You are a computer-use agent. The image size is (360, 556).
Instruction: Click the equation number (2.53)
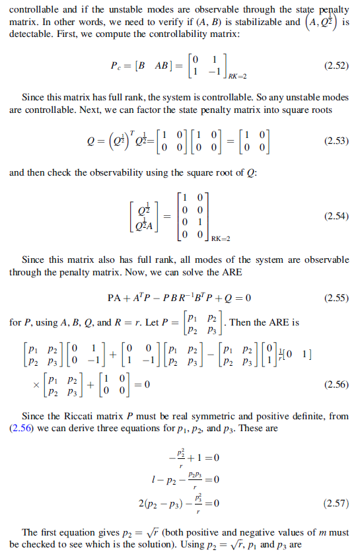click(336, 141)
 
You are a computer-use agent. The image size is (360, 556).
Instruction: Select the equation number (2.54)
click(336, 216)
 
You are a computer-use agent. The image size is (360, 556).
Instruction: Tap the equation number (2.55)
click(336, 298)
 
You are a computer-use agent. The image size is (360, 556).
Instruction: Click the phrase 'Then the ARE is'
click(265, 323)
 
